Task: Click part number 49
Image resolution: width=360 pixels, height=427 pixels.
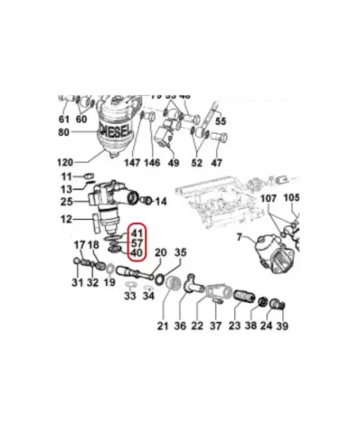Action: [x=174, y=163]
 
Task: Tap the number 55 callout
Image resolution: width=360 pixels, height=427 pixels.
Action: [x=221, y=121]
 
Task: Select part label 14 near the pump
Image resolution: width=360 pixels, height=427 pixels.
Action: [x=162, y=200]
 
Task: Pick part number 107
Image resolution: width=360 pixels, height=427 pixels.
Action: [x=269, y=198]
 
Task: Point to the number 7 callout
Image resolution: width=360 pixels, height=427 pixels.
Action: [x=240, y=238]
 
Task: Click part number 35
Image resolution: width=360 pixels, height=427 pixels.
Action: [x=180, y=252]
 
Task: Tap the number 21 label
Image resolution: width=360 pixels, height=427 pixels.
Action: [x=164, y=326]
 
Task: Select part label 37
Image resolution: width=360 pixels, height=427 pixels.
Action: [x=215, y=326]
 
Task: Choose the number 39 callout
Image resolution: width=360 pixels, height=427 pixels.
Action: [x=281, y=326]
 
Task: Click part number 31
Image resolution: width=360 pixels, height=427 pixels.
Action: [x=77, y=282]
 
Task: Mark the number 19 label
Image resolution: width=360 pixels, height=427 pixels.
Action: [x=109, y=282]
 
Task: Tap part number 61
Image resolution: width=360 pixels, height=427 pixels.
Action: [x=64, y=119]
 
